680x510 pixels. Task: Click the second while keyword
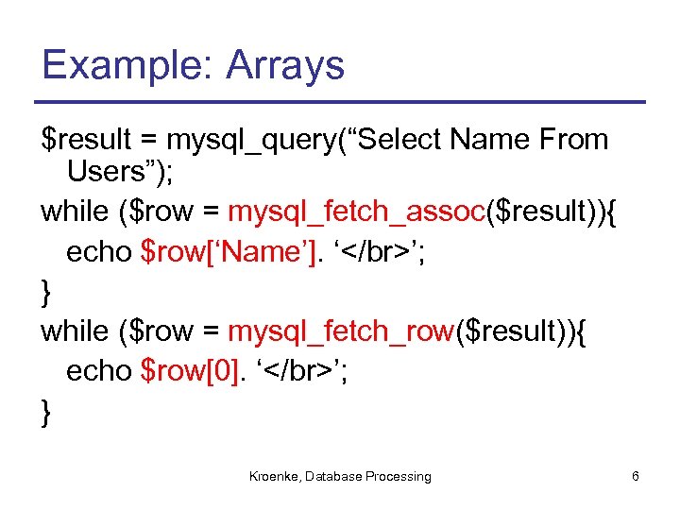tap(75, 331)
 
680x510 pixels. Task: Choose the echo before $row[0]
tap(98, 371)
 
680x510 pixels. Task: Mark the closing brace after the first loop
tap(47, 292)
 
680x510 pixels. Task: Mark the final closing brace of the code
tap(47, 412)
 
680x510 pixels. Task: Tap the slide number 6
tap(636, 477)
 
